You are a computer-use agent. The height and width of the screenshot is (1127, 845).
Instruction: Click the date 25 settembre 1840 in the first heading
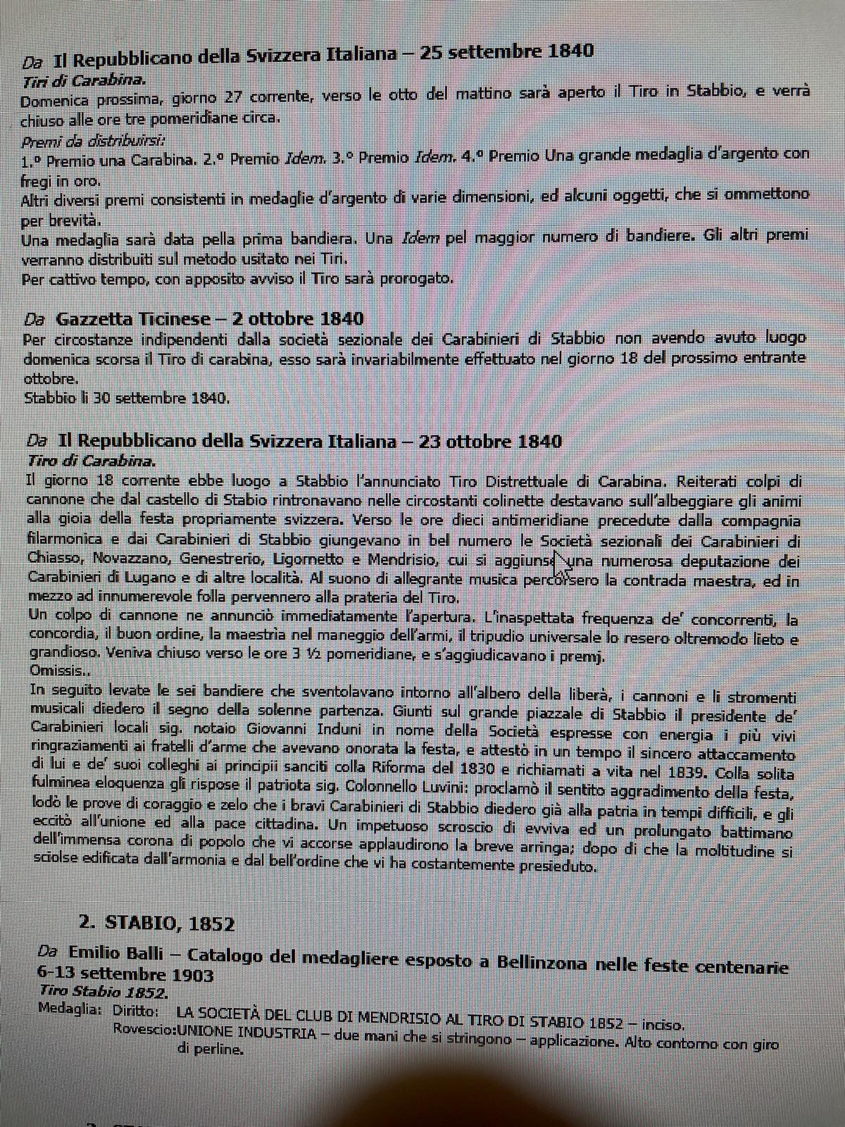coord(506,51)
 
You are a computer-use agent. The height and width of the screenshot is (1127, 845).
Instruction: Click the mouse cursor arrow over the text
coord(561,561)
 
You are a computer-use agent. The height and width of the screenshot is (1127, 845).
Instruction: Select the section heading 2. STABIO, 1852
coord(156,923)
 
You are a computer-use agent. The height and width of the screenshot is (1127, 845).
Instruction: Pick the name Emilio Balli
coord(115,953)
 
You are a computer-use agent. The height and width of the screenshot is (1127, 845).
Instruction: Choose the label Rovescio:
coord(144,1029)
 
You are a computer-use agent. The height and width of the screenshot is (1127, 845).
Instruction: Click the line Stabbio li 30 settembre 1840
coord(127,398)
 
